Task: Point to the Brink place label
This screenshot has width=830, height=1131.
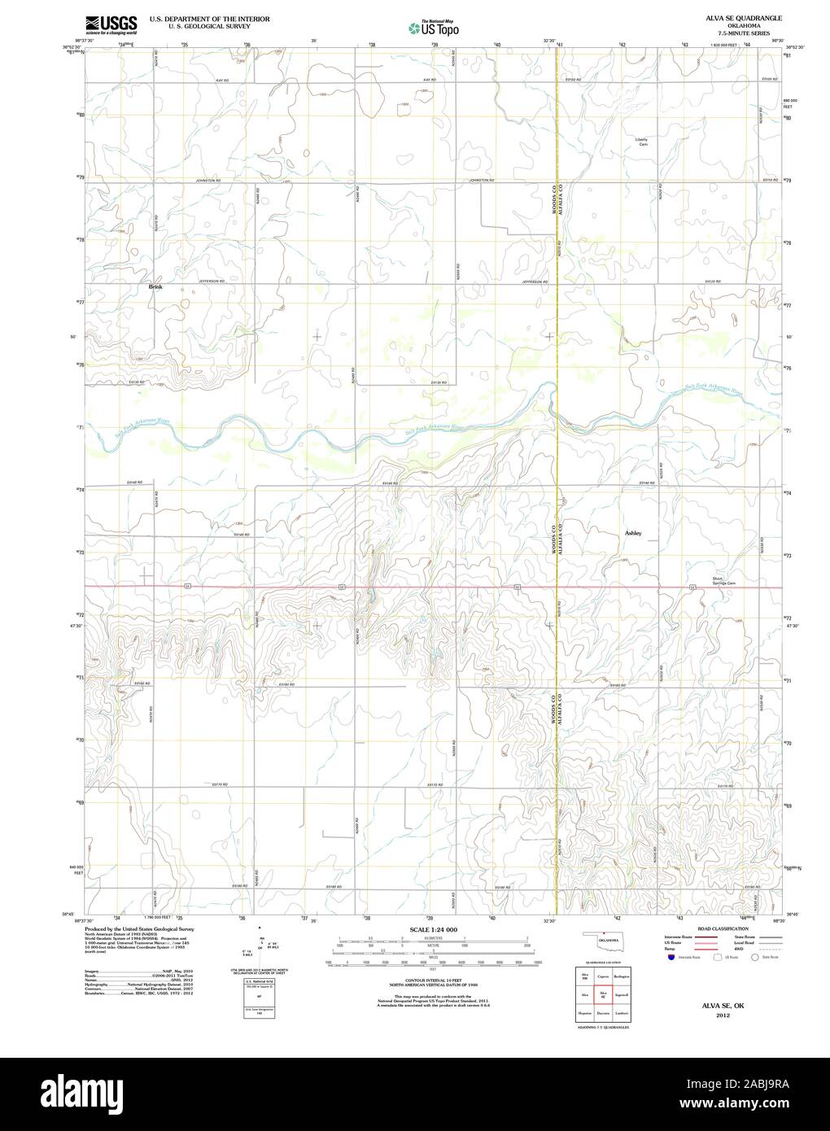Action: point(155,286)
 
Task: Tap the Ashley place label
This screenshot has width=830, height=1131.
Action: point(633,533)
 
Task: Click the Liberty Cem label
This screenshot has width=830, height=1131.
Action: point(641,140)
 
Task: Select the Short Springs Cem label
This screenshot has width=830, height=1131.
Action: point(719,583)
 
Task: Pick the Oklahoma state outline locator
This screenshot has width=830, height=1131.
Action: point(604,938)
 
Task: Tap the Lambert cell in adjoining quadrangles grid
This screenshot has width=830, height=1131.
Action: point(622,1014)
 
